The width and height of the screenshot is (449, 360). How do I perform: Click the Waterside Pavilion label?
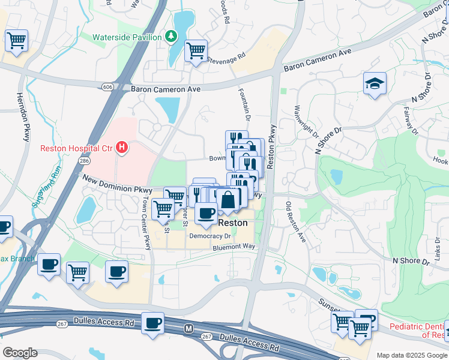(127, 37)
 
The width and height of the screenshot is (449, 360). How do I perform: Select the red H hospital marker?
(122, 147)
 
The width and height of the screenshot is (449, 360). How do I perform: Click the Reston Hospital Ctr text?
(77, 148)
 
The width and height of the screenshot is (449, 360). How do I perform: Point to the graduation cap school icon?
(375, 84)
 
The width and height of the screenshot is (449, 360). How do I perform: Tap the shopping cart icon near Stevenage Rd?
(196, 50)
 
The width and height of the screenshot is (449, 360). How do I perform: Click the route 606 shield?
(107, 87)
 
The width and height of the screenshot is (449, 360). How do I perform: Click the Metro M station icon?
(188, 328)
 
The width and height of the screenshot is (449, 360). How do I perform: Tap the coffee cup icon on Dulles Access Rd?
(152, 323)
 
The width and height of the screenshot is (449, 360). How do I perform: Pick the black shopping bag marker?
(228, 200)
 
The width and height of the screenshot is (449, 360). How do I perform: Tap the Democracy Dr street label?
(206, 236)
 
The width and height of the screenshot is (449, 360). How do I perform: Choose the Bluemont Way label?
(234, 247)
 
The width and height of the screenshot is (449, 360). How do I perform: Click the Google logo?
(20, 353)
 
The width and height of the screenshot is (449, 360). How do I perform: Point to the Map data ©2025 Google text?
(411, 355)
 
